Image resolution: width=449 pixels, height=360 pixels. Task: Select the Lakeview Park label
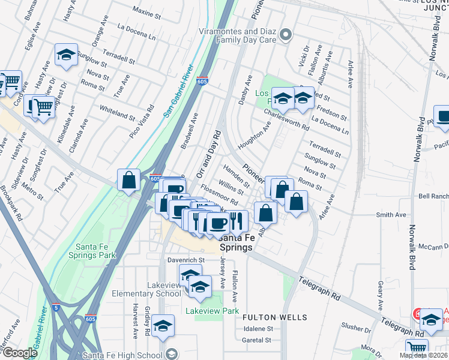(212, 311)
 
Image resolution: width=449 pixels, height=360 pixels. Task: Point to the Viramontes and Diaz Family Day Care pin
(286, 34)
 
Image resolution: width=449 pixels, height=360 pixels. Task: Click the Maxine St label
(143, 11)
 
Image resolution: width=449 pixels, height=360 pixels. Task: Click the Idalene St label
(258, 329)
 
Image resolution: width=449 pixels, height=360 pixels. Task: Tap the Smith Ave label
(391, 215)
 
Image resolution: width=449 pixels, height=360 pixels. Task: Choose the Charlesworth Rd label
(286, 119)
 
